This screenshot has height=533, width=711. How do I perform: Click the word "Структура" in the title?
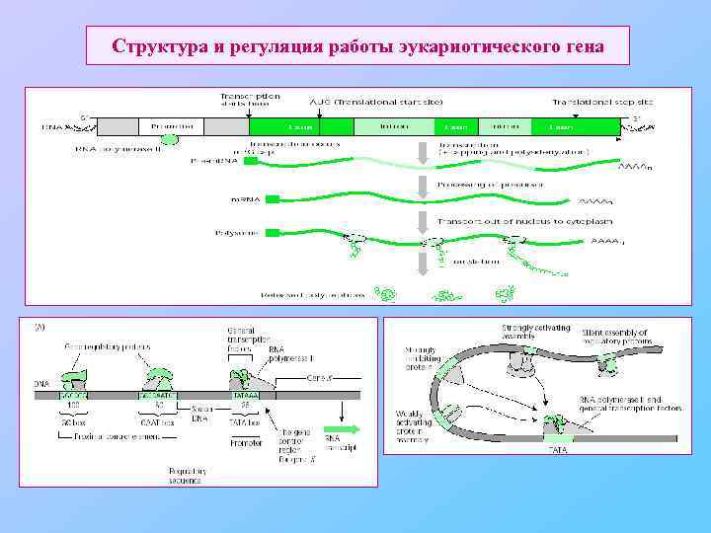(158, 46)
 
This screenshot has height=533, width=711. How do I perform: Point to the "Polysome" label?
(234, 233)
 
